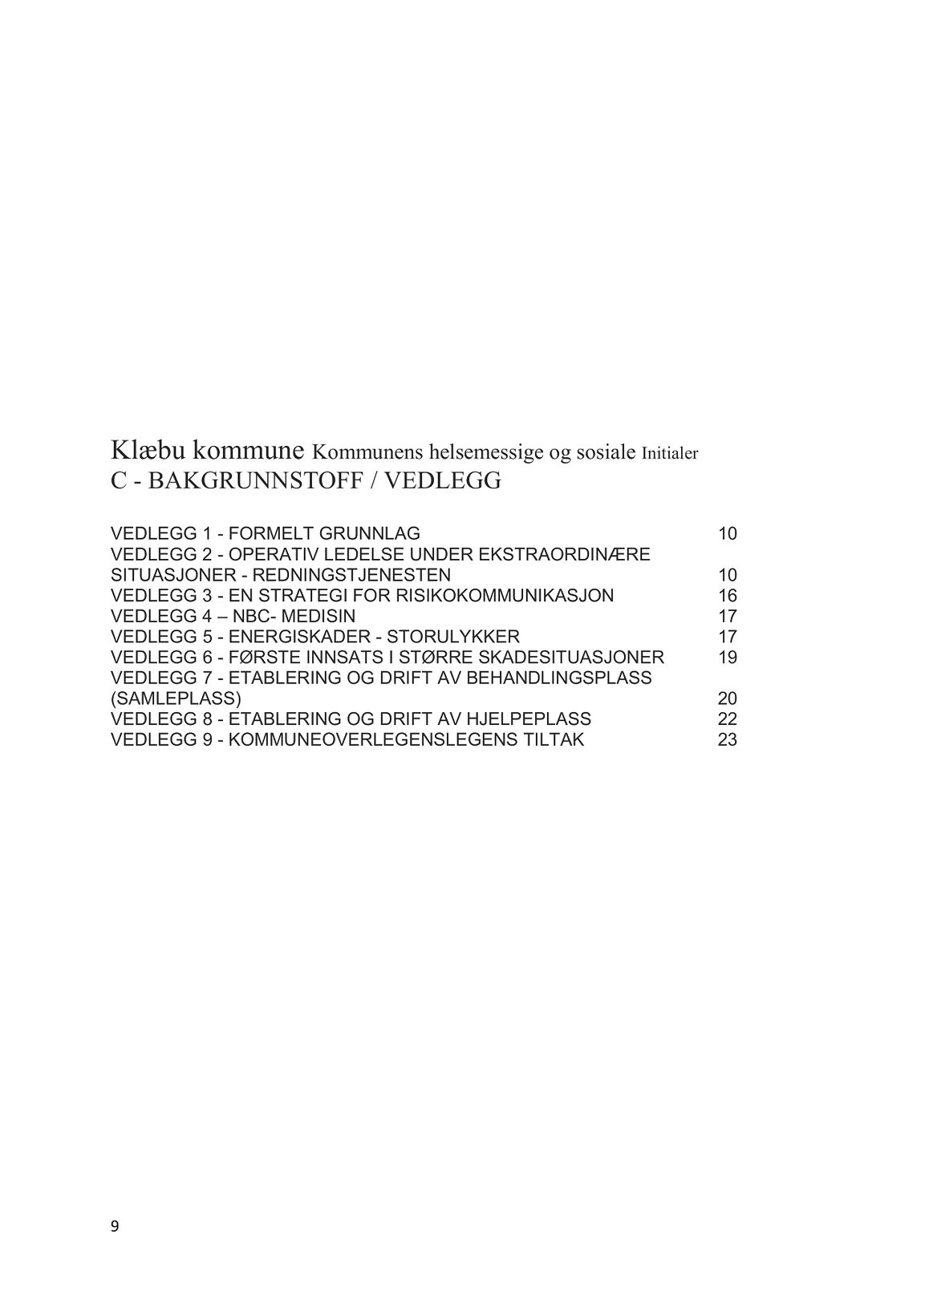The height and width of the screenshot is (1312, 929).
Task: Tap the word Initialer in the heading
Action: pos(670,453)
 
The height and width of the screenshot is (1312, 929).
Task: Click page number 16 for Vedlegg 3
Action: pos(727,596)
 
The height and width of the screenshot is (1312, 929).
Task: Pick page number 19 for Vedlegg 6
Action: pos(727,658)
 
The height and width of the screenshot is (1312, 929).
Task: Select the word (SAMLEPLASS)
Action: pos(176,699)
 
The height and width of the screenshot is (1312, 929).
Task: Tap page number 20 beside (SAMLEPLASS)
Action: pos(727,699)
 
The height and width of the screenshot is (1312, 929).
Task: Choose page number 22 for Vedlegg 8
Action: pos(727,719)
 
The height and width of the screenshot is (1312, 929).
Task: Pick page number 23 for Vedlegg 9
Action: pos(727,739)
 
